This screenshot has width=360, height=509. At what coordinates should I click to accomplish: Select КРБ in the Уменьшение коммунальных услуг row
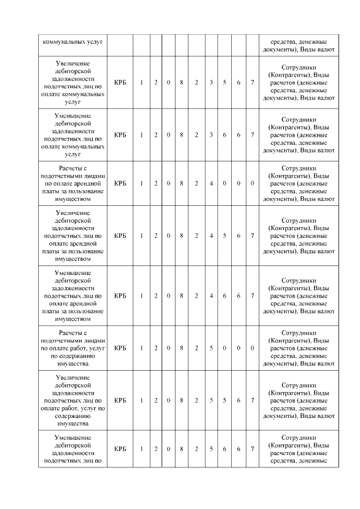point(120,134)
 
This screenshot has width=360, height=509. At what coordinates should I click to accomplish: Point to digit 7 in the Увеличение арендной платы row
point(253,236)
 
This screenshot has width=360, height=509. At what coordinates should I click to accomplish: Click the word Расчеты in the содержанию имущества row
point(73,332)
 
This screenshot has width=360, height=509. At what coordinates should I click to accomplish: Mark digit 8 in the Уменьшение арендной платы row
point(182,295)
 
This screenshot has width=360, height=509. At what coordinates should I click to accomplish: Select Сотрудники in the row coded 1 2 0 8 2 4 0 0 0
point(299,168)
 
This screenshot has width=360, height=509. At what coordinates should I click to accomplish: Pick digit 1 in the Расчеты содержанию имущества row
point(141,348)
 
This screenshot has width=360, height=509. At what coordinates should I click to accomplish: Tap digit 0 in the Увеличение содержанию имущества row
point(169,400)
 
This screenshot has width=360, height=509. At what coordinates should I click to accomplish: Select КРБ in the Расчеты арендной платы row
point(120,183)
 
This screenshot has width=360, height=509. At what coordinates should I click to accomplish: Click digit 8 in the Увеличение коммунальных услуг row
point(182,83)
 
